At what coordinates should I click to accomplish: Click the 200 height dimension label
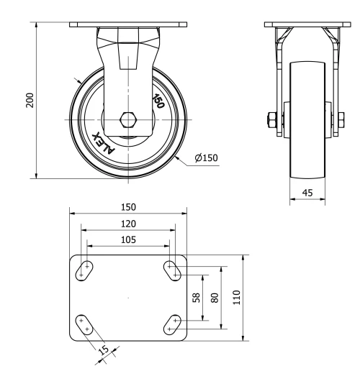(30, 100)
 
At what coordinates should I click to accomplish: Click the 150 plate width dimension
(127, 206)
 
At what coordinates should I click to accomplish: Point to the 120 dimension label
(127, 224)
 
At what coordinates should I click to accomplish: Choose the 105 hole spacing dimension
(127, 239)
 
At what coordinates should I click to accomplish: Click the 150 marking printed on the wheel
(158, 100)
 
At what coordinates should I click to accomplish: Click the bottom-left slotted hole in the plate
(85, 324)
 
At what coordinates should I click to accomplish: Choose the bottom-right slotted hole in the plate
(171, 324)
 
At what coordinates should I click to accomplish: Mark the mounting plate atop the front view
(127, 25)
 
